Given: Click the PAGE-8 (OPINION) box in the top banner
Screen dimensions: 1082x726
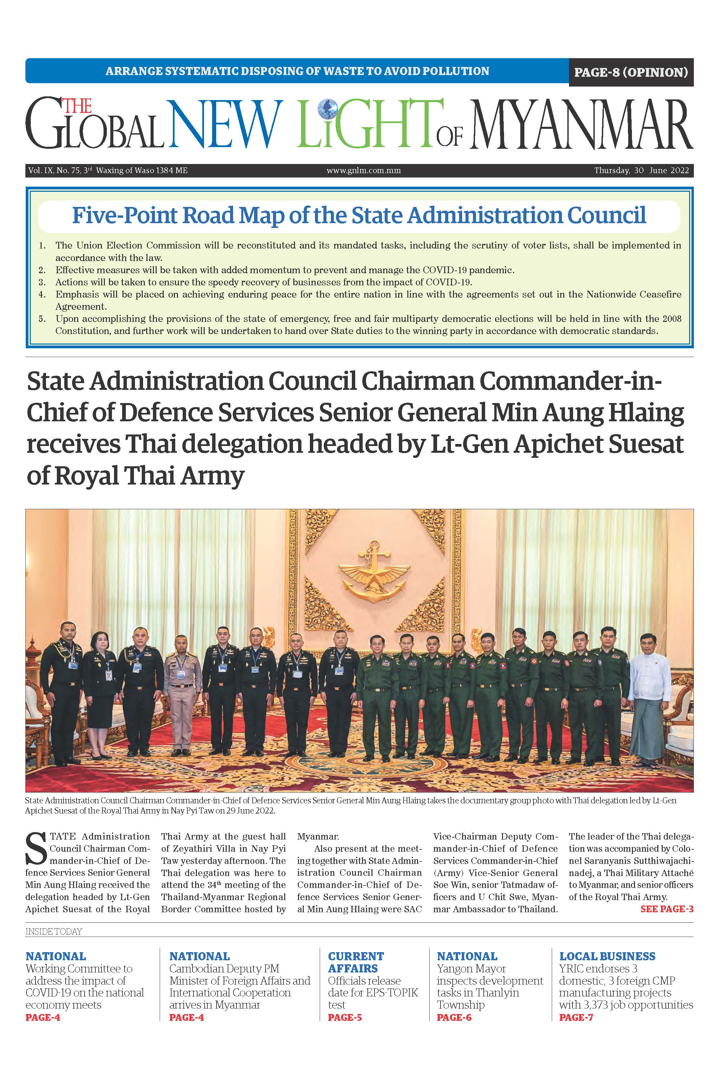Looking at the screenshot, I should click(631, 72).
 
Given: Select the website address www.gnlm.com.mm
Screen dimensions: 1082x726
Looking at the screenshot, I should click(363, 170).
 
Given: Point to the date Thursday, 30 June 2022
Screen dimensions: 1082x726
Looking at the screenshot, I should click(641, 170).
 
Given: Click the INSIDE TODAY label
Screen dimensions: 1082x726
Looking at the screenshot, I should click(54, 931).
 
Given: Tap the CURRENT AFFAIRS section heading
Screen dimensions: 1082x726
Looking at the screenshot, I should click(356, 962).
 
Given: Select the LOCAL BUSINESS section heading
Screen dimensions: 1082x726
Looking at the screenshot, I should click(607, 956).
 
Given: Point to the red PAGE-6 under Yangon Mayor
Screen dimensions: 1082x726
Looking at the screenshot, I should click(454, 1017).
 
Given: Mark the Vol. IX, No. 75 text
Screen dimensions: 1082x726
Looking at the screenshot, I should click(54, 170).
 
